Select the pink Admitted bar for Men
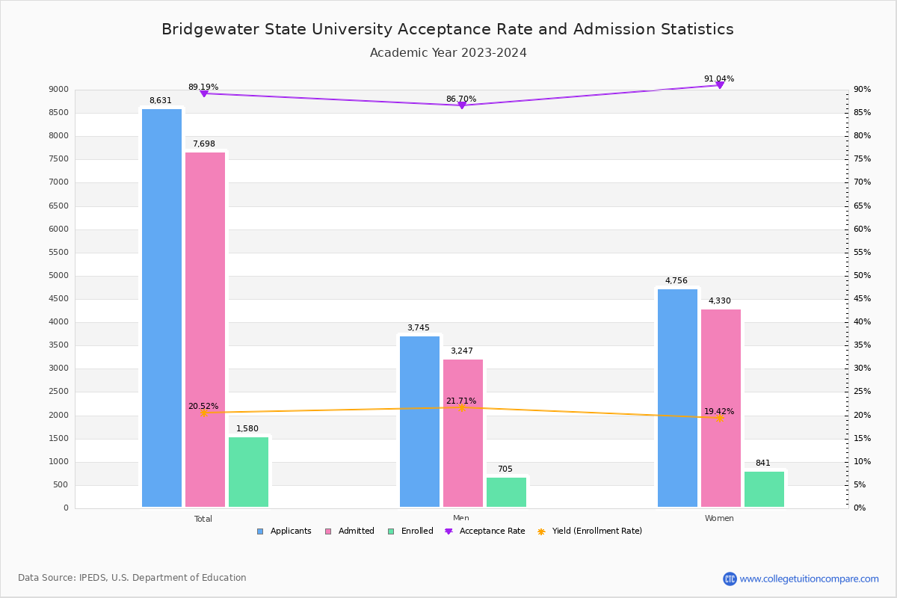coord(463,434)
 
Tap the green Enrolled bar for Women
coord(764,489)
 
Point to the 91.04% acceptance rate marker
coord(719,85)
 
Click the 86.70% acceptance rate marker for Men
coord(461,105)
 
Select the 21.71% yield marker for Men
coord(461,407)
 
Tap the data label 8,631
coord(161,101)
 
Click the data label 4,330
coord(719,301)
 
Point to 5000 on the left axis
coord(58,276)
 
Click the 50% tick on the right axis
coord(862,276)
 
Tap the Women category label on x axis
coord(719,519)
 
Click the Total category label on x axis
coord(203,519)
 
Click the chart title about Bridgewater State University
coord(448,29)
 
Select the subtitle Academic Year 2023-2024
coord(448,53)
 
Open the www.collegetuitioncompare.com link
coord(809,579)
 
